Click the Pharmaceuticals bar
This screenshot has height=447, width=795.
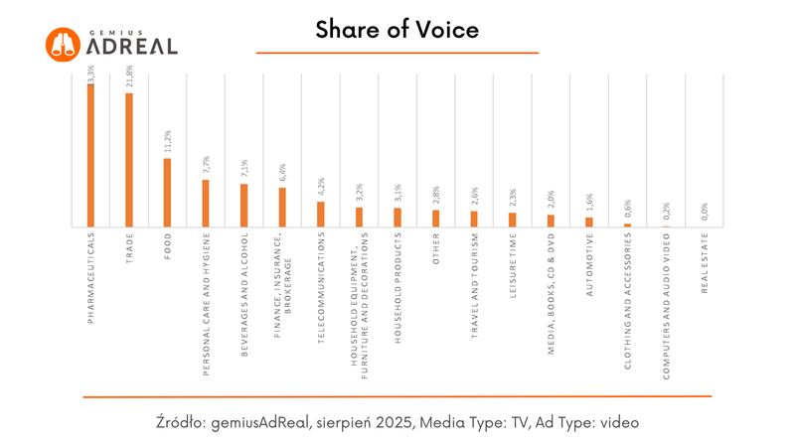pos(90,155)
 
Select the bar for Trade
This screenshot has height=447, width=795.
pos(129,160)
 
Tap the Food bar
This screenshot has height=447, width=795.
pos(167,193)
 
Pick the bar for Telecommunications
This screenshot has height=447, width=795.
pos(321,215)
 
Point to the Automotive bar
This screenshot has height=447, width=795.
pos(588,222)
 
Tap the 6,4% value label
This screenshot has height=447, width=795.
pos(282,172)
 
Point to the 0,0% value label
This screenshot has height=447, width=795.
pos(705,212)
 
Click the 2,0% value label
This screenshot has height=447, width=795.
pos(551,200)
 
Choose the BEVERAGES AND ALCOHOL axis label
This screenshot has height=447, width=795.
pos(243,296)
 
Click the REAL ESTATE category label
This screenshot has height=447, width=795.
pos(705,262)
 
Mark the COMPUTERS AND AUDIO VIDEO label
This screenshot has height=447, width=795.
pos(666,306)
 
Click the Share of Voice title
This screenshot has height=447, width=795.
pos(397,31)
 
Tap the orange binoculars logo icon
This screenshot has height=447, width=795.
pos(63,43)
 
